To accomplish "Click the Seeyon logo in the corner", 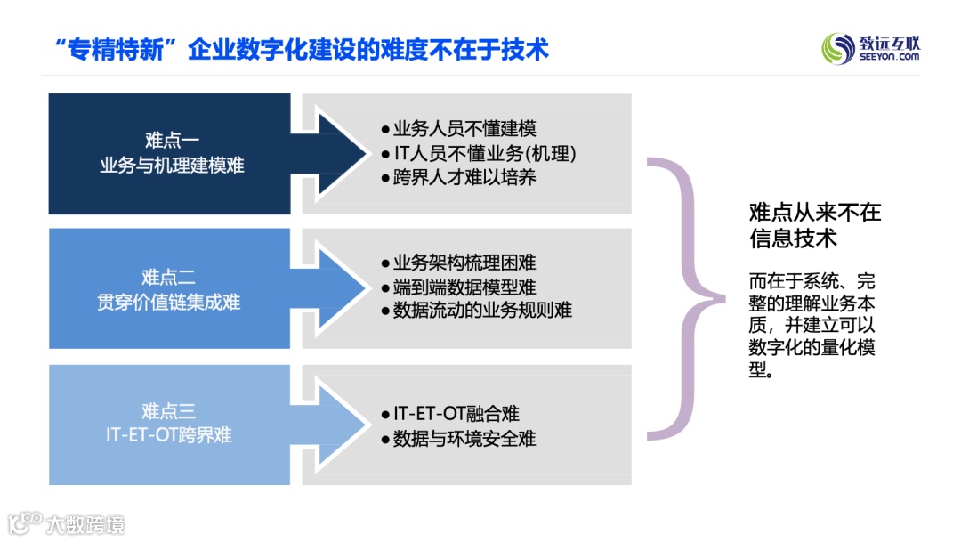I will click(870, 47).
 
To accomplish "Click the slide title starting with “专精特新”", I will click(301, 48).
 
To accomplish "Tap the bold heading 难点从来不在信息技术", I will click(815, 225).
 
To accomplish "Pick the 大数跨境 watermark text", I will click(85, 524).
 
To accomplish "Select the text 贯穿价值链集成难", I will click(169, 302).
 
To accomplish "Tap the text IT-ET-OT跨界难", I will click(169, 435).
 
